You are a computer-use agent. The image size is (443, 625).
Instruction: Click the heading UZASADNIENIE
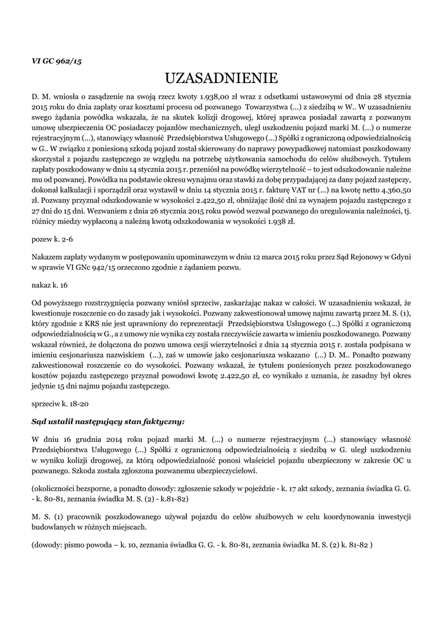point(222,78)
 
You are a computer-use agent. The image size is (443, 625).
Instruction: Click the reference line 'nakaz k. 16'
point(49,285)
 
